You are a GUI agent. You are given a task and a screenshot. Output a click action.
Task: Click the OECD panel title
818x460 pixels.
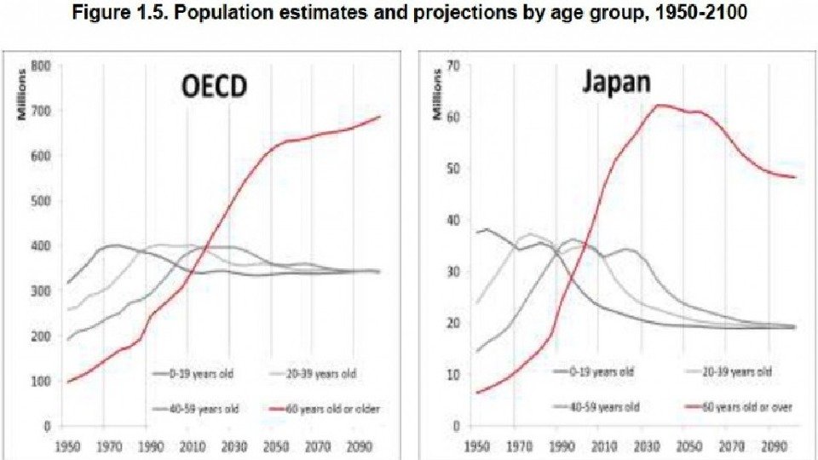[216, 89]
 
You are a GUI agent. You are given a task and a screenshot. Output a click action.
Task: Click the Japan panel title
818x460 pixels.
[616, 83]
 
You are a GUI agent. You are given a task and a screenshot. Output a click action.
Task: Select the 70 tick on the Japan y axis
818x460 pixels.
[454, 66]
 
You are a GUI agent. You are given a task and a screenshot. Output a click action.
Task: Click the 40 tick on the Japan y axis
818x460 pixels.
[454, 220]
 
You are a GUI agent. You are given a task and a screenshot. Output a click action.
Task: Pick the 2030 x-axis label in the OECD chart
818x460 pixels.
[233, 445]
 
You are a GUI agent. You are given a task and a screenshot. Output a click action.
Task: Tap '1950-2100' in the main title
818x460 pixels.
[709, 14]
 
